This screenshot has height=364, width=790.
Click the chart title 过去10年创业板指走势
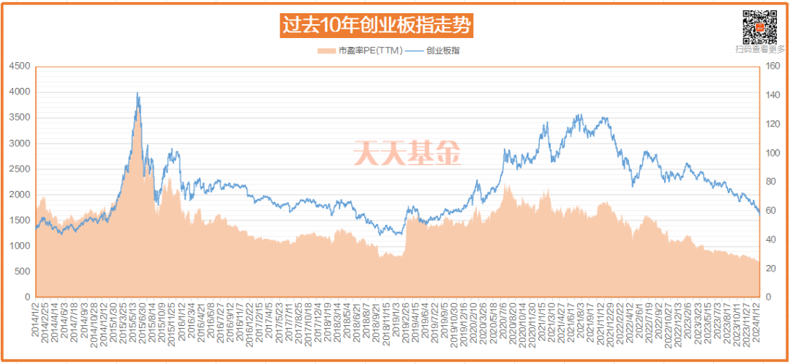click(x=377, y=25)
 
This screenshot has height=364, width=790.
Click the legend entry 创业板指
click(x=442, y=51)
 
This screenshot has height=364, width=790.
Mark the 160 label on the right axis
click(x=772, y=66)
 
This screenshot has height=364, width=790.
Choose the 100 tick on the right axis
click(x=772, y=153)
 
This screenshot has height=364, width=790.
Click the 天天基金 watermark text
click(x=407, y=153)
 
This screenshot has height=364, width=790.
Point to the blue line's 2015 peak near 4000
click(x=138, y=94)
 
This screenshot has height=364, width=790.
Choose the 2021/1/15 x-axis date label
click(x=543, y=322)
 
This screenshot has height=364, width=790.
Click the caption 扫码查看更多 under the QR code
click(x=760, y=50)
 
